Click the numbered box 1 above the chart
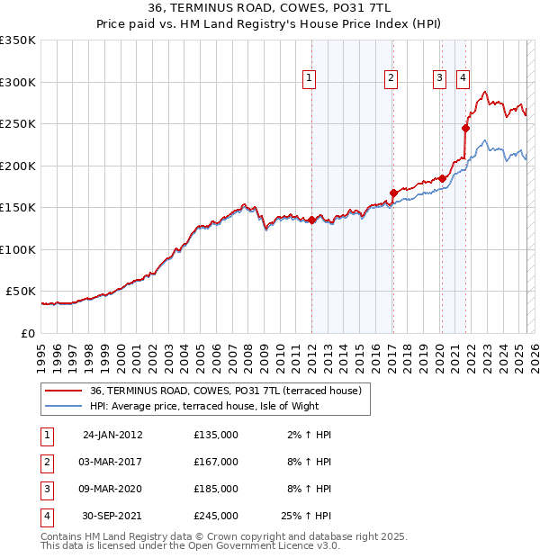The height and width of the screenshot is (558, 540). [x=309, y=78]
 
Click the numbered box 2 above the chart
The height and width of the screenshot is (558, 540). [x=391, y=78]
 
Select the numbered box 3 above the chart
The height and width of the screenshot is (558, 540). [x=440, y=78]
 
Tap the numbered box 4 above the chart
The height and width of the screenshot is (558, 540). [x=463, y=78]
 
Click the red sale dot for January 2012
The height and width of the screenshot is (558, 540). [x=311, y=220]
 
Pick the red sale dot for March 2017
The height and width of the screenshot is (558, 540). [x=393, y=193]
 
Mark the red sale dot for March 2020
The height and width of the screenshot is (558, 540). [x=442, y=178]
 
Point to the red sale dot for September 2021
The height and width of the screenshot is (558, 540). [x=466, y=128]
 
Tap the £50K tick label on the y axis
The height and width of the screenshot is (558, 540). [x=21, y=292]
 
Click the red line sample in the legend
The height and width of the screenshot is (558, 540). [x=64, y=391]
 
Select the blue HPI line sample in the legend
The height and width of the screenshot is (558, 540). [x=64, y=406]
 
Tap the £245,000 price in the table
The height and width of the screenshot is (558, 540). [x=216, y=517]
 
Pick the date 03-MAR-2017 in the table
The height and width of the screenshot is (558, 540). [x=112, y=462]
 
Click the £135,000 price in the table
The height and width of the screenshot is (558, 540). [x=216, y=435]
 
